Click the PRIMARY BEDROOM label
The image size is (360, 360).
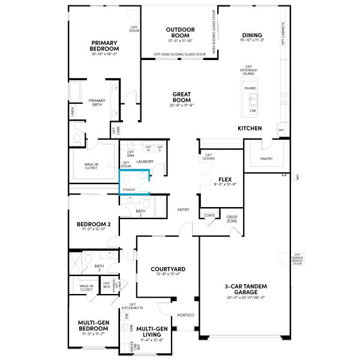(x=104, y=46)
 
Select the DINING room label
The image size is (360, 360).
(x=252, y=35)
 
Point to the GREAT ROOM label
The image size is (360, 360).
(x=182, y=97)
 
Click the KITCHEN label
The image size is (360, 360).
(x=250, y=128)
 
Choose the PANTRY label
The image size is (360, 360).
(x=267, y=159)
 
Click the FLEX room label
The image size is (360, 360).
(x=225, y=179)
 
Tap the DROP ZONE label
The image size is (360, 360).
(x=232, y=219)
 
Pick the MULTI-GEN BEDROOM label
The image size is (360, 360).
(x=93, y=326)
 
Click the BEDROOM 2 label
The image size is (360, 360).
(x=91, y=225)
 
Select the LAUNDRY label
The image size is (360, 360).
(x=146, y=161)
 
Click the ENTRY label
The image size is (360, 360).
(x=184, y=209)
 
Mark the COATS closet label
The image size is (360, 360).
(x=209, y=215)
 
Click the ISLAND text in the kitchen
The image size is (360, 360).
(x=250, y=88)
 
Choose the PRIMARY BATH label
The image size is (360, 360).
(x=97, y=103)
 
